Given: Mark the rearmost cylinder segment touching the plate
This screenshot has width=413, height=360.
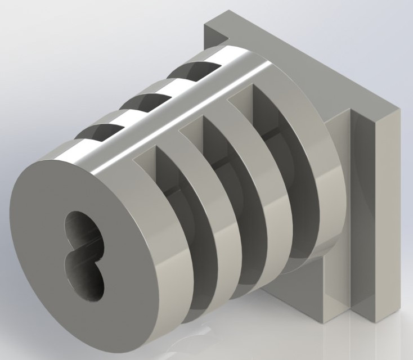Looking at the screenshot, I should click(x=321, y=186).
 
